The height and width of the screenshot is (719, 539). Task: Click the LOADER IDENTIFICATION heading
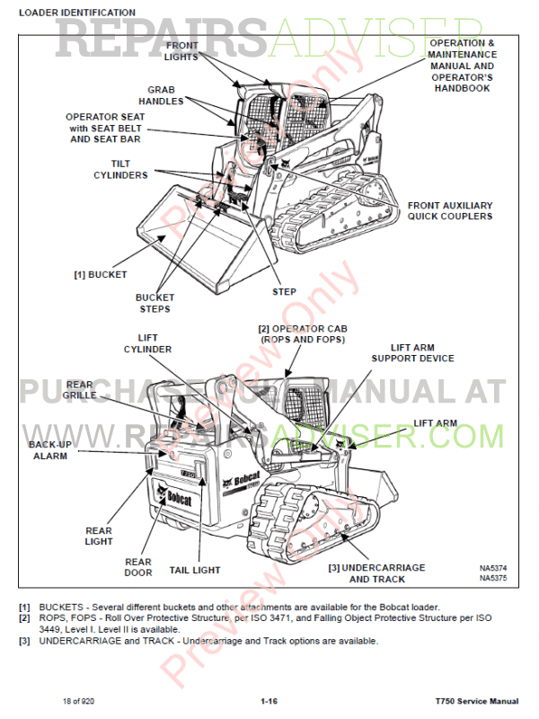(x=77, y=13)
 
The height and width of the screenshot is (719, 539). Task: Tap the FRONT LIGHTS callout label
(x=181, y=51)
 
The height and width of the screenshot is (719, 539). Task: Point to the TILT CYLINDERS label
(x=121, y=169)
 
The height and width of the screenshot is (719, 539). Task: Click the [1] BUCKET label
(x=100, y=274)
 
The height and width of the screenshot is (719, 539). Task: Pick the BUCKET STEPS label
(x=155, y=303)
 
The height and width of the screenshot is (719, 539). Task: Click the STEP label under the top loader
(x=284, y=292)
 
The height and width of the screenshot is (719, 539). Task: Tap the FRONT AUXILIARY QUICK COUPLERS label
(x=450, y=210)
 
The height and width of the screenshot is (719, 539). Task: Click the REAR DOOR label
(x=138, y=568)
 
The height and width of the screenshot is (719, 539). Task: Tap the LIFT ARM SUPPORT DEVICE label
(x=412, y=352)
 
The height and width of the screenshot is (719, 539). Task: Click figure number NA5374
(x=493, y=568)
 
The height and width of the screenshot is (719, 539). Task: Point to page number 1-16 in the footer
(x=269, y=701)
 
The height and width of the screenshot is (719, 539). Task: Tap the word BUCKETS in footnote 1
(x=59, y=608)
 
